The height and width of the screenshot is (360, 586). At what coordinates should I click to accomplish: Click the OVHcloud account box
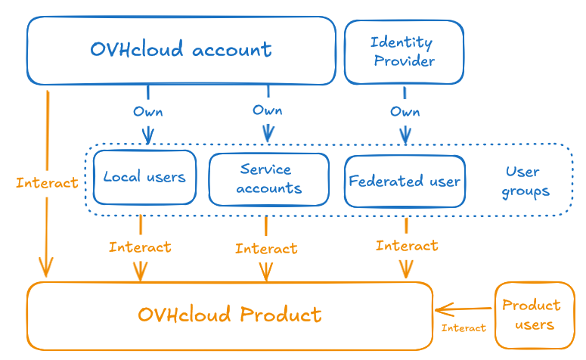point(181,50)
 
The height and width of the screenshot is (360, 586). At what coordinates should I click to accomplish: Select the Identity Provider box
point(404,51)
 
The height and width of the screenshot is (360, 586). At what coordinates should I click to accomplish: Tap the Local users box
point(144,177)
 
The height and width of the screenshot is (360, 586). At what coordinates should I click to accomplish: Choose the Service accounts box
point(268,179)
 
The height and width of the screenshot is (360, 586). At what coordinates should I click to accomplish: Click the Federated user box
point(405,182)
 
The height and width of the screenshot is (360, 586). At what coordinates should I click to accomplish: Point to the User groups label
point(525,182)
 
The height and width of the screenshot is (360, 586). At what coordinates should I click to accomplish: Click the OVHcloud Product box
point(230,315)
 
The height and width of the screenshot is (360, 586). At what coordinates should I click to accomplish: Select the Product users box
point(535,315)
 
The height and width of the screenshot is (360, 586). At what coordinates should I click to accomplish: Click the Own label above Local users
point(147,112)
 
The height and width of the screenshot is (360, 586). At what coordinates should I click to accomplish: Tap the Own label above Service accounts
point(267,110)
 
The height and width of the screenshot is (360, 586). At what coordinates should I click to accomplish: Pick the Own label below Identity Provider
point(405,112)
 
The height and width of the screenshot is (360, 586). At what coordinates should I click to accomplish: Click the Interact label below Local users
point(140,247)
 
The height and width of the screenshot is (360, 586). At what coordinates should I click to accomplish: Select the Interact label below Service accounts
point(265,248)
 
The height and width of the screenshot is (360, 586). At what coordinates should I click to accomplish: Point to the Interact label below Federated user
point(406,246)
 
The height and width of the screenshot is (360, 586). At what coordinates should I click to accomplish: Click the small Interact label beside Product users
point(464,328)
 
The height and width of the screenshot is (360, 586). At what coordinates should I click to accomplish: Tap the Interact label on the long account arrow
point(47,183)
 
